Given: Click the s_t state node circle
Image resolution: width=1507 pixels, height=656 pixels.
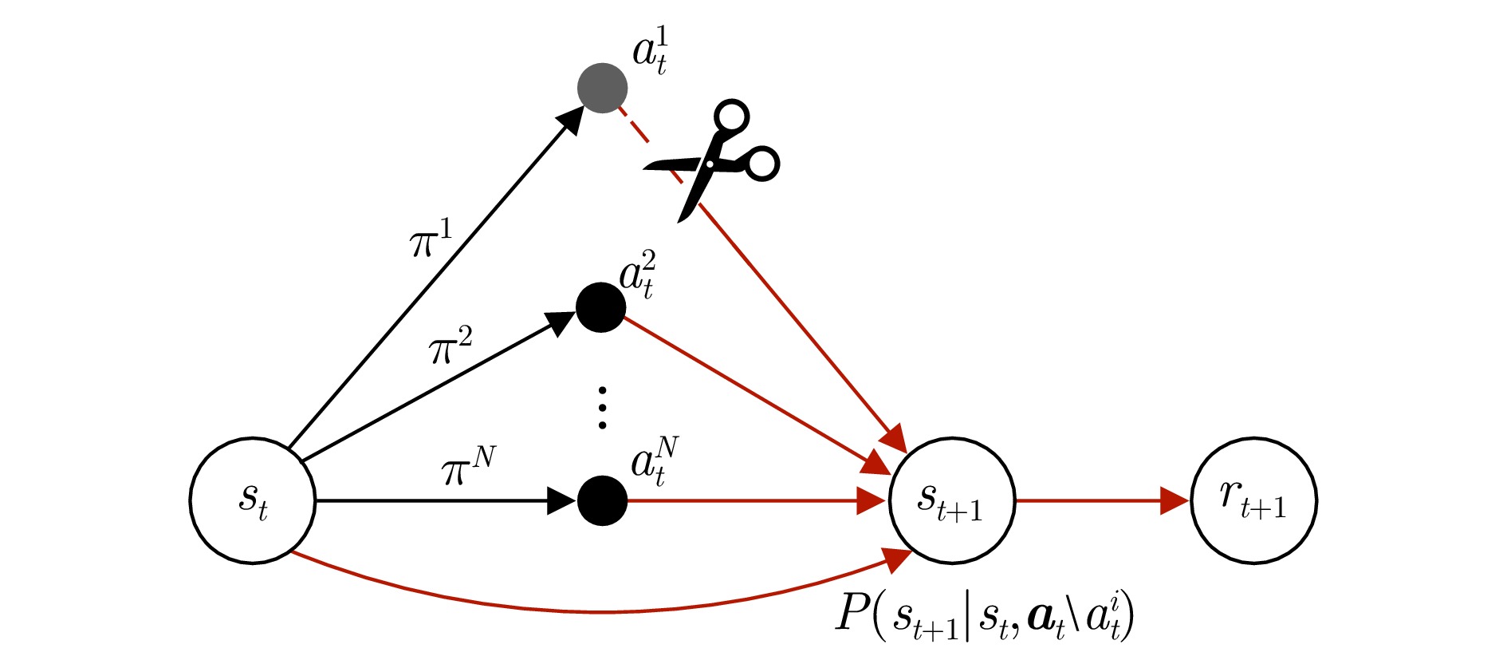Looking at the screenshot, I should [x=253, y=501].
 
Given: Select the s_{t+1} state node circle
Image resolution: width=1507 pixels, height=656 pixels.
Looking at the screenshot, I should [x=952, y=501].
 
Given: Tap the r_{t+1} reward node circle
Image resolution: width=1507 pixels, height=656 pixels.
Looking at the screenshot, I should [x=1253, y=501].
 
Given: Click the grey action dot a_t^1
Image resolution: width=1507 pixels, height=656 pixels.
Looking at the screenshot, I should [x=602, y=88].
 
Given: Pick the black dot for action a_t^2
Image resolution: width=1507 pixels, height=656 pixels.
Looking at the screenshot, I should [x=600, y=307].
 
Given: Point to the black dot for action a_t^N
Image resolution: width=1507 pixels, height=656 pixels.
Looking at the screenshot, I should [x=602, y=501].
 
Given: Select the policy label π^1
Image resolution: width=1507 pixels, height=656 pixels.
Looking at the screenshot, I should [x=431, y=239].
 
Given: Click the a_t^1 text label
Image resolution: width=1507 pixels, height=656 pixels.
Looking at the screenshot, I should [x=651, y=51].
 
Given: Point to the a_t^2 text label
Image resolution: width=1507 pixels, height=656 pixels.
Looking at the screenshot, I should [x=638, y=275].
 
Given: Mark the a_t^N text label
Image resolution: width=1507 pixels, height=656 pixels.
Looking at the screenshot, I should [x=655, y=461].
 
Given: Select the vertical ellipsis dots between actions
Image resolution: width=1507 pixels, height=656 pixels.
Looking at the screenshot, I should [x=602, y=408].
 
